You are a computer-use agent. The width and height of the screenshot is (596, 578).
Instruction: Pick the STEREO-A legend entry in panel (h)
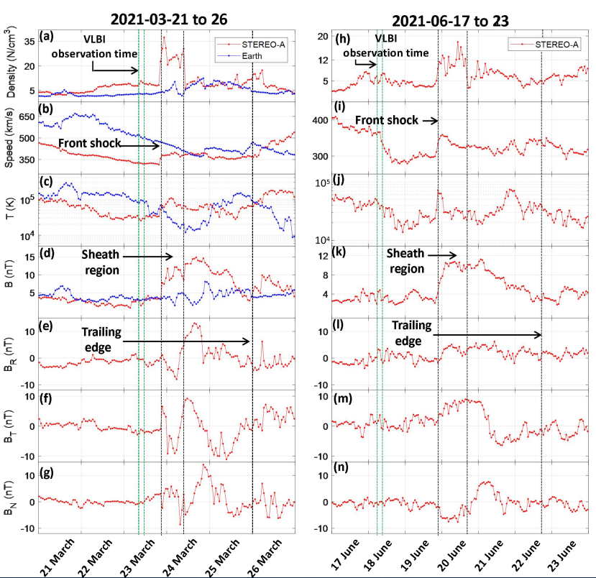coord(546,45)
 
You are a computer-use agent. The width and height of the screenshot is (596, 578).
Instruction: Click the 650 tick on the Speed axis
coord(26,116)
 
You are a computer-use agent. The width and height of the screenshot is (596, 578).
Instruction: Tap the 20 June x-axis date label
coord(457,550)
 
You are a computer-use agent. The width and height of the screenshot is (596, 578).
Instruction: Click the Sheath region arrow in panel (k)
coord(446,255)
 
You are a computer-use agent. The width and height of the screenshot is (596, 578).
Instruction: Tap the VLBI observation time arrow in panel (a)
coord(116,70)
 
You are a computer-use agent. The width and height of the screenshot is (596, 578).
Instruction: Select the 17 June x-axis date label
coord(336,550)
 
